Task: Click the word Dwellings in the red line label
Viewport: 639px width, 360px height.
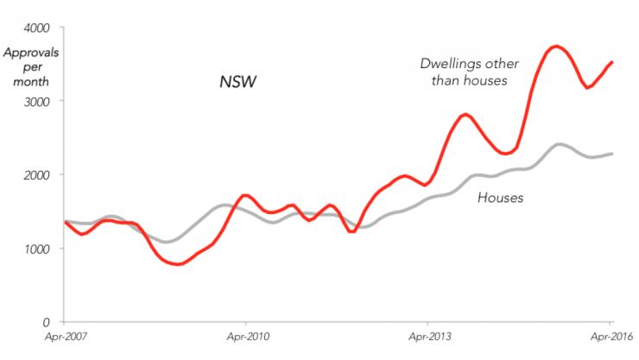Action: click(450, 63)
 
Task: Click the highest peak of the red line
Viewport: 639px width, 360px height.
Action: click(557, 46)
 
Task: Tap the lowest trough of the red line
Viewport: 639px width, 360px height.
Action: click(178, 264)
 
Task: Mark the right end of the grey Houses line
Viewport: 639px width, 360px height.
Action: click(612, 154)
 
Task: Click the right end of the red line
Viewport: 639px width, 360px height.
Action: click(612, 62)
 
